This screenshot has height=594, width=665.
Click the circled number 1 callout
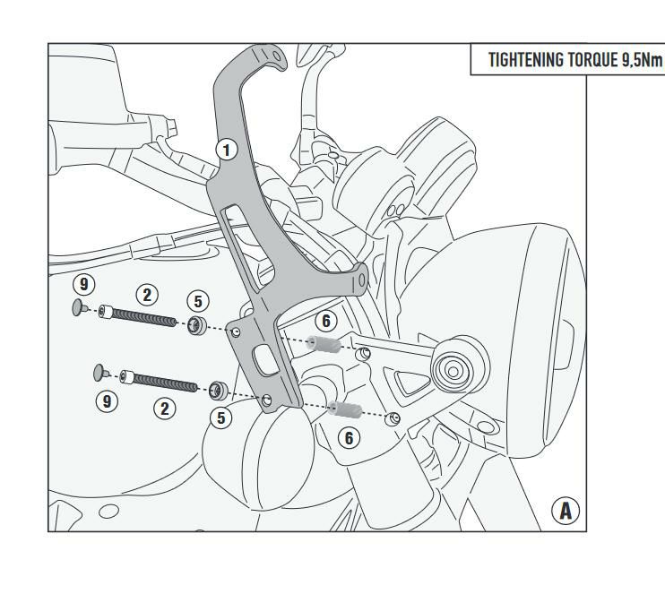coord(227,150)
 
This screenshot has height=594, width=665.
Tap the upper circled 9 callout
coord(84,284)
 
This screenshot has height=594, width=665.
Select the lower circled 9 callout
coord(107,401)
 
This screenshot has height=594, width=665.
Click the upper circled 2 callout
coord(147,295)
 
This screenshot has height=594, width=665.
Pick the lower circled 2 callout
coord(165,409)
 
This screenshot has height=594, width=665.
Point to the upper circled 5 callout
coord(198,301)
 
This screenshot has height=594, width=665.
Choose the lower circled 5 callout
coord(221,418)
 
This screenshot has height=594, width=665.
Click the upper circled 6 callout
coord(325,321)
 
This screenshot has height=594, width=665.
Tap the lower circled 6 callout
coord(349,438)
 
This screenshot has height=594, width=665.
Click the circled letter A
coord(566,511)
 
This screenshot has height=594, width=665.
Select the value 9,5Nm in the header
coord(642,60)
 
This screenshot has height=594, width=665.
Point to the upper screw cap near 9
coord(80,307)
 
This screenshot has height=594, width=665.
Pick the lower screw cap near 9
coord(101,372)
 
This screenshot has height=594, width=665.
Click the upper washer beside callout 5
coord(197,325)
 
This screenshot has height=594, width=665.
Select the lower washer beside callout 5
coord(219,391)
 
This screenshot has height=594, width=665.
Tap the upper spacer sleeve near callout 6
coord(324,344)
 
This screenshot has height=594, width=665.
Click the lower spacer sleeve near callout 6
coord(345,409)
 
